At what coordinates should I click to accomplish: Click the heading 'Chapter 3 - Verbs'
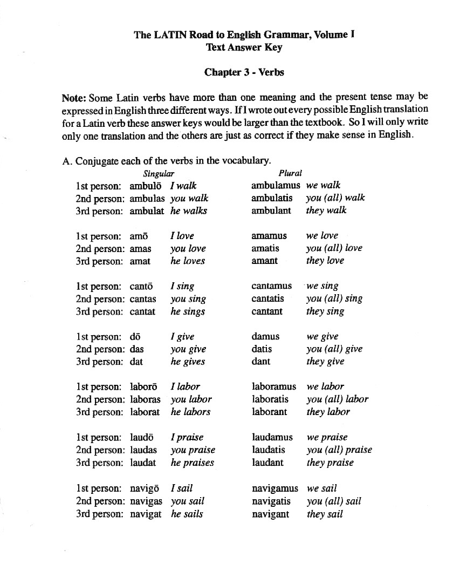click(x=244, y=72)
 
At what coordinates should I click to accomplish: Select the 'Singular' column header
click(x=159, y=173)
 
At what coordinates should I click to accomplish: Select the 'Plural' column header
click(x=290, y=173)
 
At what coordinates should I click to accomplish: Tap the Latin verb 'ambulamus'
click(x=276, y=185)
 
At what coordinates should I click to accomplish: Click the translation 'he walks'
click(x=189, y=211)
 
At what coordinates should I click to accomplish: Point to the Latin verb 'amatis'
click(x=265, y=248)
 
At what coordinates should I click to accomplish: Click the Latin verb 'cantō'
click(x=142, y=286)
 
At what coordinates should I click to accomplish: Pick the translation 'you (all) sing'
click(x=334, y=298)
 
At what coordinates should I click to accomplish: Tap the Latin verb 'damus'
click(x=265, y=336)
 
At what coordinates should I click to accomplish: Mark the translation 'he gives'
click(x=188, y=362)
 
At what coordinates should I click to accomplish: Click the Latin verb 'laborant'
click(x=270, y=412)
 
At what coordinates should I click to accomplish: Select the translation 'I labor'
click(x=185, y=386)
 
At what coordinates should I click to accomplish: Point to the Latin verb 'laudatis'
click(x=270, y=450)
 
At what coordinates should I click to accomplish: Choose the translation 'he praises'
click(x=193, y=463)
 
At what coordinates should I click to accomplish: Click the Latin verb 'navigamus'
click(x=275, y=488)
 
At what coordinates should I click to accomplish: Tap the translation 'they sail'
click(x=325, y=514)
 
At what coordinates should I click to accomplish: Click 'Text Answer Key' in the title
click(x=244, y=47)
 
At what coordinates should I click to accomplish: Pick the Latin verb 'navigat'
click(x=146, y=514)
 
